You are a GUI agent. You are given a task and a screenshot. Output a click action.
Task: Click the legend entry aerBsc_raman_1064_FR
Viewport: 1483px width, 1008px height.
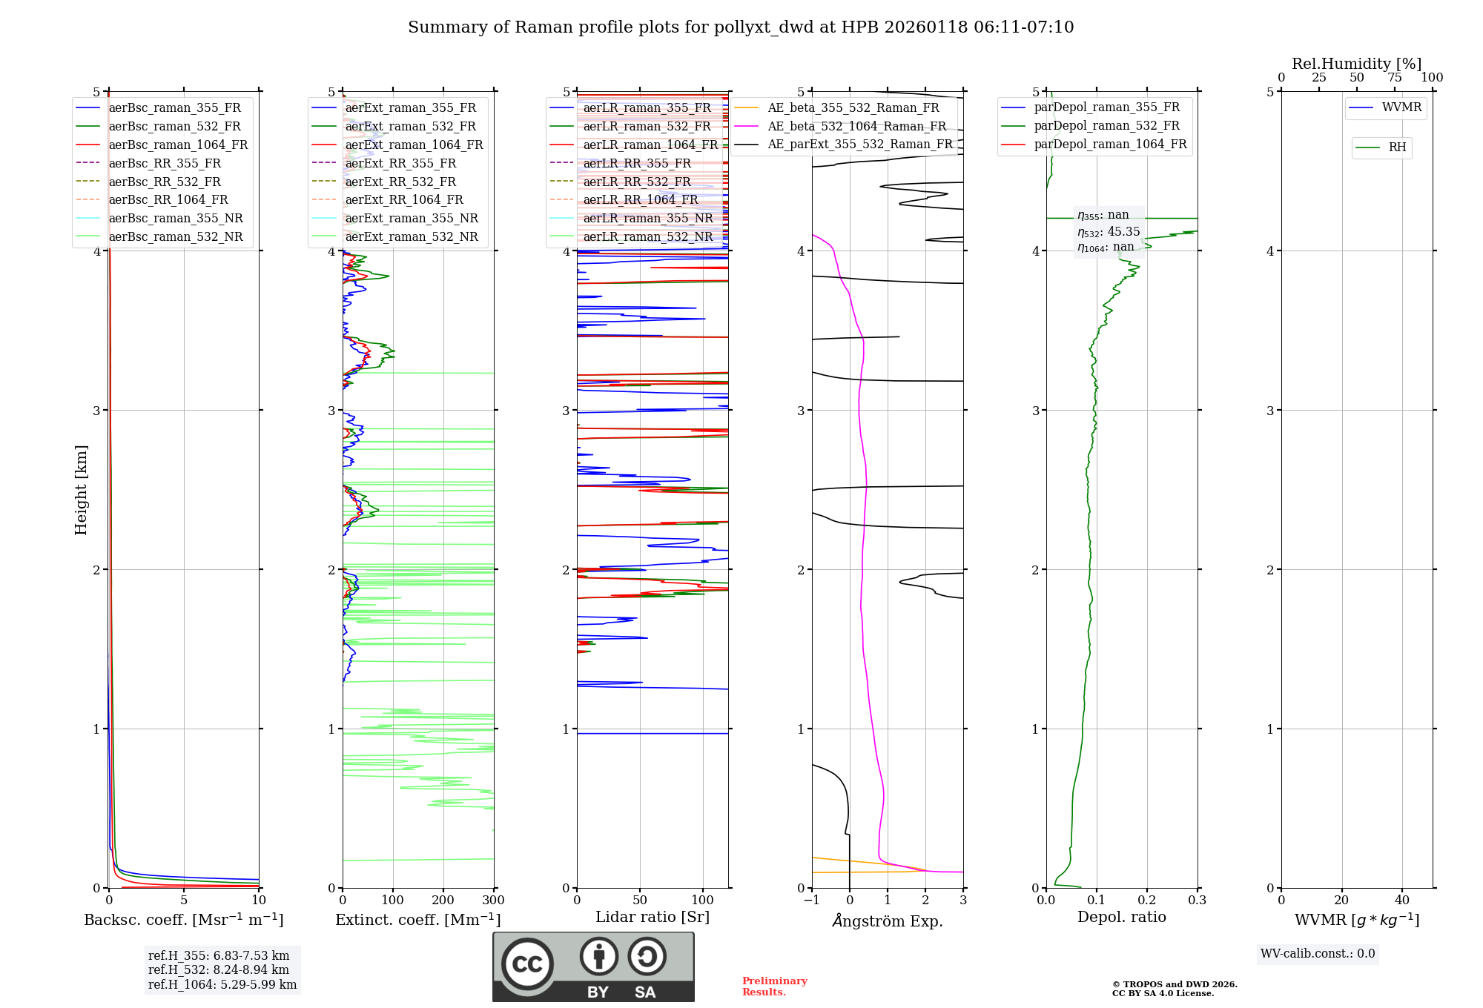tap(178, 145)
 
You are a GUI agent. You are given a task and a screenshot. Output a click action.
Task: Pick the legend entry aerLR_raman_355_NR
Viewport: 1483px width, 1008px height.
tap(647, 218)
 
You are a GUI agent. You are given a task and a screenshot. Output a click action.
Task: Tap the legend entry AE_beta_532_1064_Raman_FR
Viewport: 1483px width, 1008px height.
tap(856, 126)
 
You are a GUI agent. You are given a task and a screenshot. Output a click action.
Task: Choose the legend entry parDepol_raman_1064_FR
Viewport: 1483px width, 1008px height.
tap(1110, 144)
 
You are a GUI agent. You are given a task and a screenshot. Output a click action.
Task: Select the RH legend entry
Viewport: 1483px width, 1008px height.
tap(1397, 147)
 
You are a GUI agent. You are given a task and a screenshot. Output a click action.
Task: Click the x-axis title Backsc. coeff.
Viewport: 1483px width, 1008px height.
tap(183, 920)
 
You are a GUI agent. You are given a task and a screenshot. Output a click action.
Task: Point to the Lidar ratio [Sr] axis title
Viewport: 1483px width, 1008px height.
tap(652, 917)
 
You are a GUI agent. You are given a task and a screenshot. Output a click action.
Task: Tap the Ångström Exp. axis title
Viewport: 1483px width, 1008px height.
tap(888, 921)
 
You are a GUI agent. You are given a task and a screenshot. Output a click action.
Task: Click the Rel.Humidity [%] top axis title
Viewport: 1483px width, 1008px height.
tap(1356, 64)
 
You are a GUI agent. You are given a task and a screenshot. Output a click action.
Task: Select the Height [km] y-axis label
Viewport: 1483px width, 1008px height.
tap(81, 490)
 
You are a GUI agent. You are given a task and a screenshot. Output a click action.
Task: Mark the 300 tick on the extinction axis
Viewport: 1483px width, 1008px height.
tap(493, 901)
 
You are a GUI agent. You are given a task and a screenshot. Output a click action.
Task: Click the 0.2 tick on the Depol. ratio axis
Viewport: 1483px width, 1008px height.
tap(1147, 901)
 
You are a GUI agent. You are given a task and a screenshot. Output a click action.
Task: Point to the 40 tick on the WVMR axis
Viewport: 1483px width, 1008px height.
tap(1401, 901)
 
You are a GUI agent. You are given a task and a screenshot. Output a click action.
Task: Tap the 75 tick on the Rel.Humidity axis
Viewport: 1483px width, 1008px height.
tap(1394, 78)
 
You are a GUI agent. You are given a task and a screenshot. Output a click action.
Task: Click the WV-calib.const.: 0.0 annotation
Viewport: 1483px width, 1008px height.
tap(1318, 954)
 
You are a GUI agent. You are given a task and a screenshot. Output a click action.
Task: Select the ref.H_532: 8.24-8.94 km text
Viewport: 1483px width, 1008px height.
tap(219, 970)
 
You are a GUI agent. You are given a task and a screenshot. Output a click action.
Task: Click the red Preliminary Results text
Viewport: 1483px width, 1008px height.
tap(774, 987)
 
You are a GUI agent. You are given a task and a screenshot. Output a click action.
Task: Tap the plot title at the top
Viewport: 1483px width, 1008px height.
tap(741, 27)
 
